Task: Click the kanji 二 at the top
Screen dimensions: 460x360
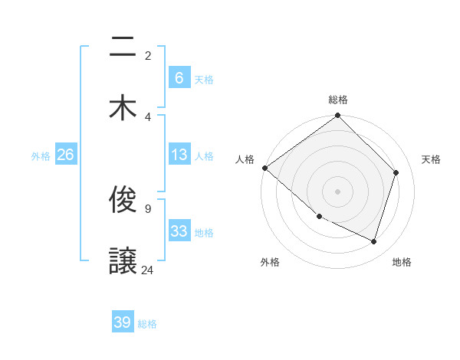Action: (x=123, y=47)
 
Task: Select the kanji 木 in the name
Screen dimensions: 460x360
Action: (x=123, y=107)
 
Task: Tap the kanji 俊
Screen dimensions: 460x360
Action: (x=123, y=201)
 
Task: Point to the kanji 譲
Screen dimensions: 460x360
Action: (x=123, y=260)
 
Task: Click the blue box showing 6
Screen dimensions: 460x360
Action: (x=179, y=77)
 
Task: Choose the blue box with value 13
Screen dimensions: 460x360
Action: (x=179, y=155)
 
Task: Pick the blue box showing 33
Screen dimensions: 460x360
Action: (x=179, y=231)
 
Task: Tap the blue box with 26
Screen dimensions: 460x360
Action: (x=65, y=155)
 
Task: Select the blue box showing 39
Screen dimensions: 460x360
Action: (x=123, y=322)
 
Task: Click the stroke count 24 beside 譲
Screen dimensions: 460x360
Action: (x=147, y=270)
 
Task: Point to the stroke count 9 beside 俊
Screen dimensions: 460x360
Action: (x=147, y=208)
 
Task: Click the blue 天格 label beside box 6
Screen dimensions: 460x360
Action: (x=204, y=79)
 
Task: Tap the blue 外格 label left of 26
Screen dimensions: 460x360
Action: (x=41, y=155)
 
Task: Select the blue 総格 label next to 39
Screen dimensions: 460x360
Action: (x=148, y=324)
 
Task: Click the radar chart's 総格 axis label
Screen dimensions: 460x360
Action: (x=338, y=100)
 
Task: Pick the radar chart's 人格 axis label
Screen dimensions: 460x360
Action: (x=245, y=159)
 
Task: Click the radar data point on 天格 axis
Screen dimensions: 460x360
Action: (x=396, y=172)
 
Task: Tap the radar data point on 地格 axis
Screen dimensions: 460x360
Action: (x=374, y=242)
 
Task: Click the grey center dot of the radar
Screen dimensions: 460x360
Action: (x=338, y=191)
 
